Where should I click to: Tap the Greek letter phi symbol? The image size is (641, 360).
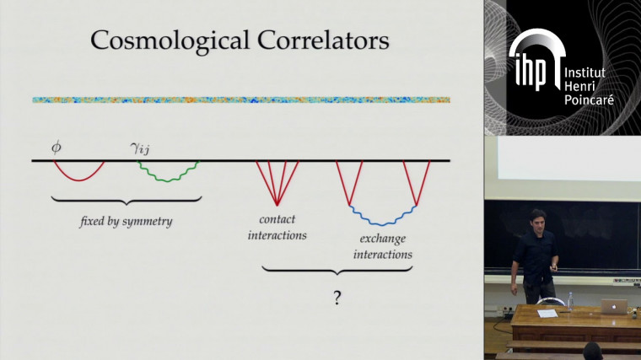[x=57, y=147]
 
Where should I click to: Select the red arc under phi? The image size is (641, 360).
[x=79, y=176]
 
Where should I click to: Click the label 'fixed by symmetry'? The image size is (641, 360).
[x=127, y=222]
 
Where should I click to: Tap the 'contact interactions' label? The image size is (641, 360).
[x=277, y=228]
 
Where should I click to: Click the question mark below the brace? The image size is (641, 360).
[x=337, y=298]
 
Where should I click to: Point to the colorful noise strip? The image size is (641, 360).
[x=240, y=99]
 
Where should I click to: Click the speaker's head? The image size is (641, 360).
[x=537, y=218]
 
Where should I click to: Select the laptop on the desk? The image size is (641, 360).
[x=615, y=308]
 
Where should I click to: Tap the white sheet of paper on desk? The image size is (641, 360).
[x=547, y=314]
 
